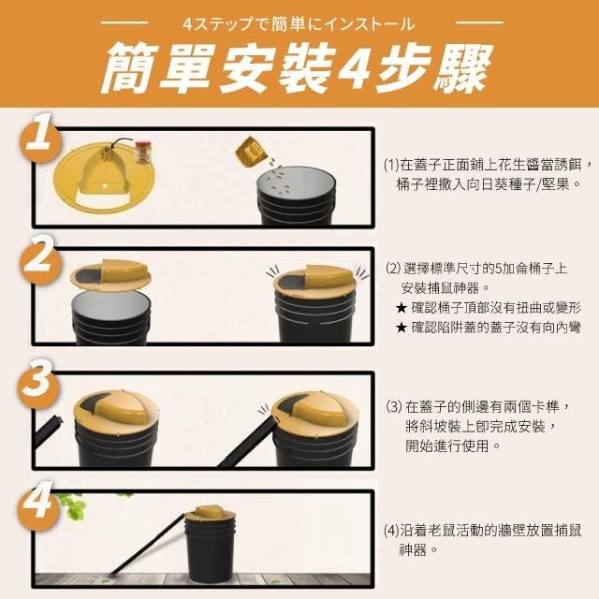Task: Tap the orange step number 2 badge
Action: [x=39, y=259]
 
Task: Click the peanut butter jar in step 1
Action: [x=143, y=153]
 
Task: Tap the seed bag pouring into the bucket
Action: [x=250, y=152]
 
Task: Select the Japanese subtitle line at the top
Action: [x=299, y=24]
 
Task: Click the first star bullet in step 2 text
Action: [x=402, y=308]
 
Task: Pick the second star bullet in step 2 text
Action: [x=402, y=328]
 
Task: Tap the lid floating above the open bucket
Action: [x=110, y=274]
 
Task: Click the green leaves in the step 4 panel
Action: [x=73, y=505]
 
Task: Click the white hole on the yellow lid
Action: [x=104, y=187]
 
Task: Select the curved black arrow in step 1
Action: [x=120, y=143]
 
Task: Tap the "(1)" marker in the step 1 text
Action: [x=391, y=166]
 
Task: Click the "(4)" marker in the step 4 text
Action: [x=391, y=531]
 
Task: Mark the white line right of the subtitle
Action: [x=480, y=22]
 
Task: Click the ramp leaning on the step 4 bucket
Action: [x=148, y=545]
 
